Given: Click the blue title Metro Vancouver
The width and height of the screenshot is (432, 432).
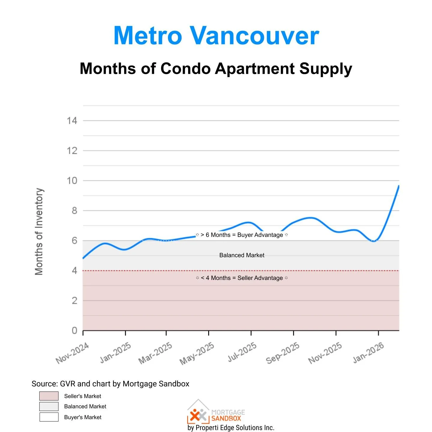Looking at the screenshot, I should (x=216, y=35).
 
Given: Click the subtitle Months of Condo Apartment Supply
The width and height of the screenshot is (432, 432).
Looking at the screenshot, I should (x=216, y=69).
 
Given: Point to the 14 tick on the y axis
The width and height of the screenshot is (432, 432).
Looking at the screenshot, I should (x=72, y=121).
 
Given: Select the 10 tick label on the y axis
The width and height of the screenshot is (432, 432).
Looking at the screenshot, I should (x=72, y=181).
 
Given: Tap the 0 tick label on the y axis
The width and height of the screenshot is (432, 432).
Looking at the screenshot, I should (x=74, y=331).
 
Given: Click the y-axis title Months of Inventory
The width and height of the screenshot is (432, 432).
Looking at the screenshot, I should (x=39, y=231).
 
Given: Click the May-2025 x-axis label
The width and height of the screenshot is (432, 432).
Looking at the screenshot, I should (x=197, y=353).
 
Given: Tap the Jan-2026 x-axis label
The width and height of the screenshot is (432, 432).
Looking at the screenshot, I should (x=368, y=352).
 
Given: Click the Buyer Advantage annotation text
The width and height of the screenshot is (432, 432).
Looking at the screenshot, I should (x=242, y=235).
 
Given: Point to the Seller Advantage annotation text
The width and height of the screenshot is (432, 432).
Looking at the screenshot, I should (x=242, y=278).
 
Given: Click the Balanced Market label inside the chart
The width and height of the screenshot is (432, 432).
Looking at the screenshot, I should (x=242, y=255).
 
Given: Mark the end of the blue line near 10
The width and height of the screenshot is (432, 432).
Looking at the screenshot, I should (x=398, y=186).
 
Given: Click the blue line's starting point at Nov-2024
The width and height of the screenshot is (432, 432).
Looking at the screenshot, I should (x=83, y=258).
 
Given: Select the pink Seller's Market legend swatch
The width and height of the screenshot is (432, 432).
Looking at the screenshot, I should (x=49, y=396).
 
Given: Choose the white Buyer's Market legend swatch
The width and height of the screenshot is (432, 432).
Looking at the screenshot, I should (x=49, y=417).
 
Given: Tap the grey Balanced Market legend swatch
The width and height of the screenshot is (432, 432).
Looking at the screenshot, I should (x=49, y=406).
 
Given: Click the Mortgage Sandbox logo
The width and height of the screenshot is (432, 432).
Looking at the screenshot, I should (x=216, y=413).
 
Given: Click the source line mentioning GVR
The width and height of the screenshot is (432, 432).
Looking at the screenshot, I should (x=110, y=384).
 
